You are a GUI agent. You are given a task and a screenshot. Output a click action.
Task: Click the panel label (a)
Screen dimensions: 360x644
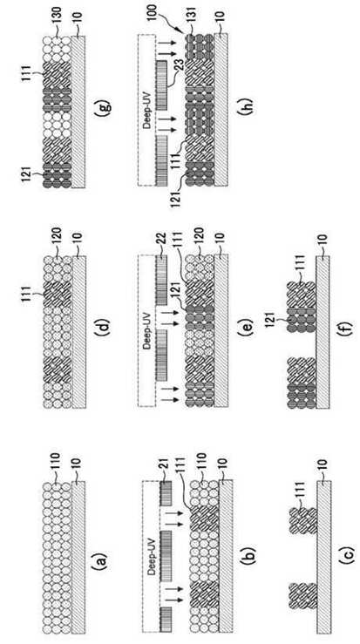click(x=101, y=559)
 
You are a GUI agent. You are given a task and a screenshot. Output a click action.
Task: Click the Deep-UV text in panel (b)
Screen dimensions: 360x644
click(x=152, y=557)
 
